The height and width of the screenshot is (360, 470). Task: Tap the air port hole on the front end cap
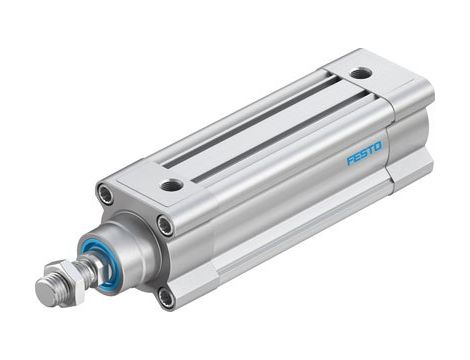tap(172, 185)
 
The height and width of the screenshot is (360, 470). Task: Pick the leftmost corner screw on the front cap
tap(105, 193)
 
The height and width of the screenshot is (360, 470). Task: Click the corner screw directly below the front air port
tap(165, 225)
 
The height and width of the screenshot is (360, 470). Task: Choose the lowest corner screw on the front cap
tap(166, 297)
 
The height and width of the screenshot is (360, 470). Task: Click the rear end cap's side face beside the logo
tap(410, 150)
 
